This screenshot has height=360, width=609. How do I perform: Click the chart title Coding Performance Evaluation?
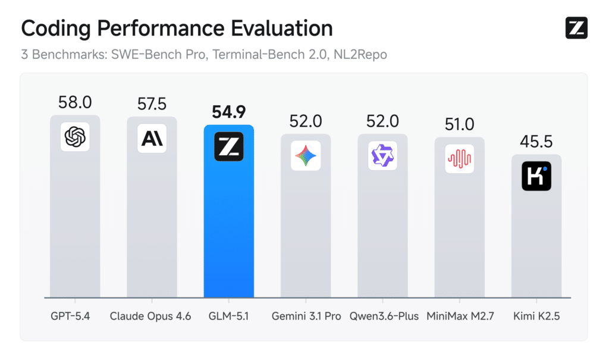[177, 29]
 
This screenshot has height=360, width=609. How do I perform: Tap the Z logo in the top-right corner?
[576, 28]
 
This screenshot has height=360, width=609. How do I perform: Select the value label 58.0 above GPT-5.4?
[75, 102]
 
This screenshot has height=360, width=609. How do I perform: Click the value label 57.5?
[152, 104]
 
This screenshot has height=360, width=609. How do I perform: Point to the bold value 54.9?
[228, 112]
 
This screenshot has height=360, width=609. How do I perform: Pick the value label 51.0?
[459, 124]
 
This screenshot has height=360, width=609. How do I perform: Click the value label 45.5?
[536, 142]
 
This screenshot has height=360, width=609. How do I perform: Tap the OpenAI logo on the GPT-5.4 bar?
[75, 137]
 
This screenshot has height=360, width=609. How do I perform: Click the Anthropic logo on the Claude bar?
[152, 139]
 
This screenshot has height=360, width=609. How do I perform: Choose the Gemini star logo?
[306, 156]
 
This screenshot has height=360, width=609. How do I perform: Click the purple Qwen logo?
[382, 156]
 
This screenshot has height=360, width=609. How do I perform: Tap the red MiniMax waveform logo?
[459, 159]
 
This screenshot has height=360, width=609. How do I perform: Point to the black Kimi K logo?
[536, 176]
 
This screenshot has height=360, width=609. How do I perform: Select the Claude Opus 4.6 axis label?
[150, 316]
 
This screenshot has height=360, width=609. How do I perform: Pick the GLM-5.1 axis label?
[228, 316]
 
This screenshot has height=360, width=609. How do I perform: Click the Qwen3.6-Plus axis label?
[382, 316]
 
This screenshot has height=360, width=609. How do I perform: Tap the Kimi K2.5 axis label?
[536, 316]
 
